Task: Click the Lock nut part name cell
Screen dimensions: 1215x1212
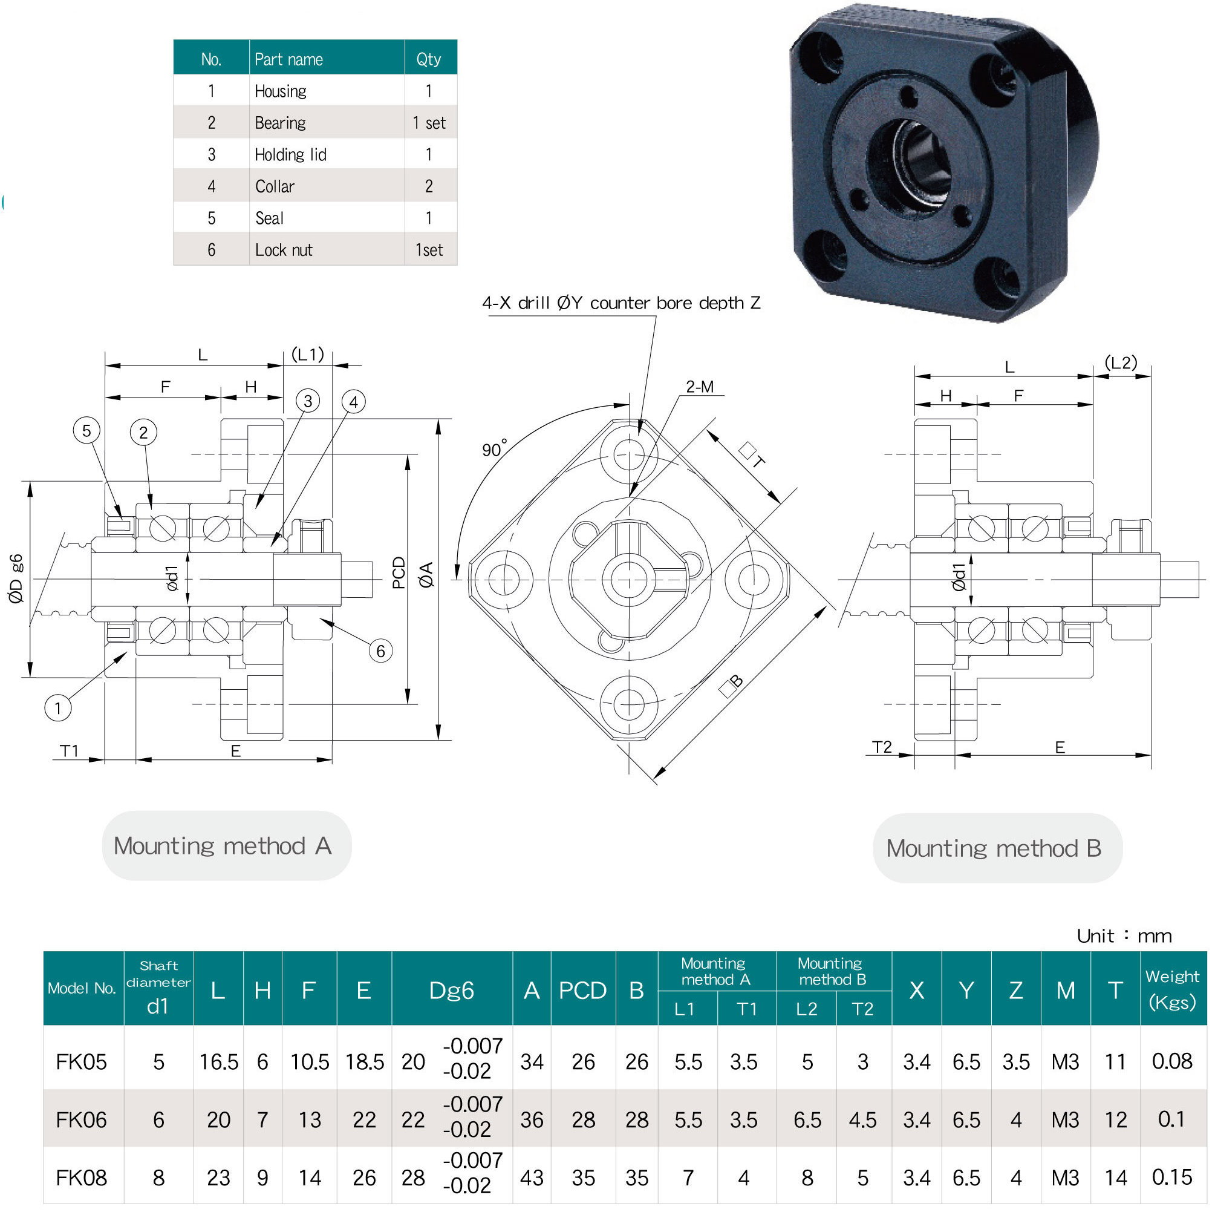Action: point(284,251)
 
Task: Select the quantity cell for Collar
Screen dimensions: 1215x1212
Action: point(429,186)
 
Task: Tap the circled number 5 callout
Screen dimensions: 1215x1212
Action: point(87,431)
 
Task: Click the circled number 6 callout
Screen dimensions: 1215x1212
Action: point(380,650)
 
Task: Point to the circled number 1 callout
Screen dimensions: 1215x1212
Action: point(58,709)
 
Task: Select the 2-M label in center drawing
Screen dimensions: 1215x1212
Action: point(699,387)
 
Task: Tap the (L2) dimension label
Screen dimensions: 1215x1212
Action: point(1121,363)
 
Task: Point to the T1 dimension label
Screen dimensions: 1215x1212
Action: point(69,751)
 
